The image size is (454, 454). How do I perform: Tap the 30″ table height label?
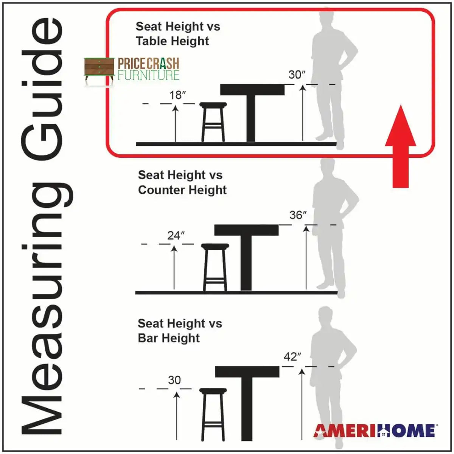coord(297,75)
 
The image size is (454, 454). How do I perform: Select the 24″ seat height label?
coord(176,235)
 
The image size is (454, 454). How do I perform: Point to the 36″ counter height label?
coord(298,215)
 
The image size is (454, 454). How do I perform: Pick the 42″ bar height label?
coord(292,357)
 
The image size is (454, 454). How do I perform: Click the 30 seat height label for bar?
coord(174,380)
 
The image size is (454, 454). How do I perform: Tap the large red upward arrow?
coord(401,146)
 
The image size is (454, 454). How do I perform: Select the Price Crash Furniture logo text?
coord(148,68)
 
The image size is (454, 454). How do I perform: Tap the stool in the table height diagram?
coord(213,122)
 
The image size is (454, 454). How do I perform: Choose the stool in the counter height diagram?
coord(215,267)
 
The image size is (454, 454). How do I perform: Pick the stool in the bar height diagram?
coord(213,414)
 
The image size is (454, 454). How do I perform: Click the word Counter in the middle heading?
coord(161,190)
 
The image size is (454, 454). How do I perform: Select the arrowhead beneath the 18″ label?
coord(175,109)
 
